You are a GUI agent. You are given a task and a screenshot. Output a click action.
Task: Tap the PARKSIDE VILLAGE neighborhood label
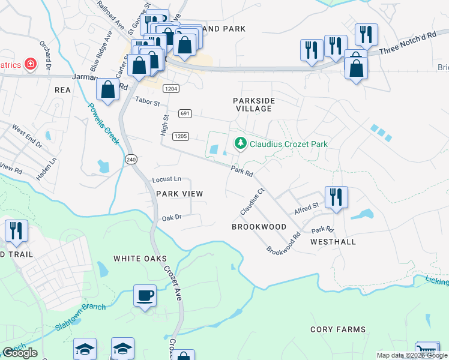pos(253,104)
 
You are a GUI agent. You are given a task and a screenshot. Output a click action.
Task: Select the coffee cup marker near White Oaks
pos(145,295)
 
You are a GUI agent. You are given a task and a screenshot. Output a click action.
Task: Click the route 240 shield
pos(131,159)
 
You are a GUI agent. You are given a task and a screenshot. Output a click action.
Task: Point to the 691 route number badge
pos(185,113)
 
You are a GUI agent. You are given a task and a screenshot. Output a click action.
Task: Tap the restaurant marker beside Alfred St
pos(336,197)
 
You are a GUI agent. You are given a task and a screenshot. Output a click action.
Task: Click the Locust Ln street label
pos(167,179)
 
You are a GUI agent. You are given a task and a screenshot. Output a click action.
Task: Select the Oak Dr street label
pos(172,218)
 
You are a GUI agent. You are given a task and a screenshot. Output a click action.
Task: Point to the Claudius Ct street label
pos(252,202)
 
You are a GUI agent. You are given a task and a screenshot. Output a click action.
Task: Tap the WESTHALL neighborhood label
pos(333,242)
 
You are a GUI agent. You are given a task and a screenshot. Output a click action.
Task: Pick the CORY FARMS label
pos(337,329)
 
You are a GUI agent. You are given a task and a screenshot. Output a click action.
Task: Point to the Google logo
pos(20,353)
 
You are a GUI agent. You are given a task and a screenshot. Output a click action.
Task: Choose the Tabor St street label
pos(149,102)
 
